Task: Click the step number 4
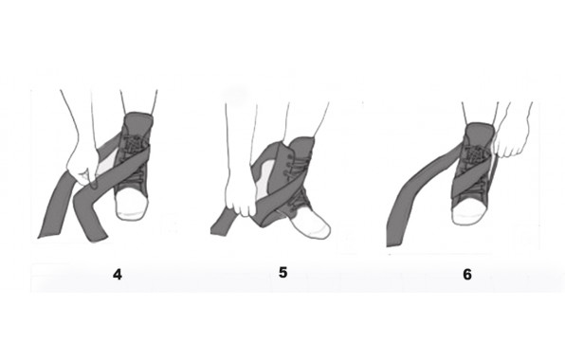pos(118,275)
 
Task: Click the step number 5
pos(283,273)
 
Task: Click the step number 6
pos(467,275)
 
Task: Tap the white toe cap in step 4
pos(132,204)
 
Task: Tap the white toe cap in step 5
pos(312,223)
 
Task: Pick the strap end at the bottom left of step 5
pos(221,226)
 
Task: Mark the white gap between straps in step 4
pos(108,162)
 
